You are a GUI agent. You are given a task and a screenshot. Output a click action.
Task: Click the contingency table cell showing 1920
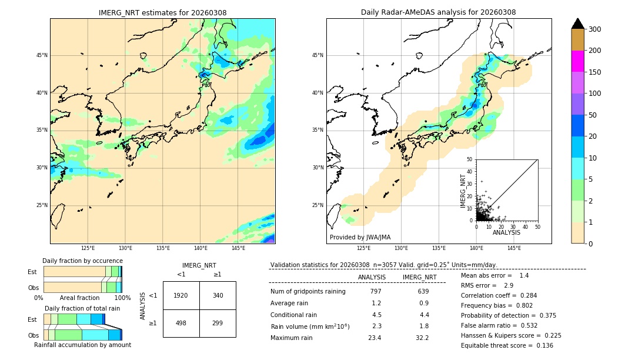181,295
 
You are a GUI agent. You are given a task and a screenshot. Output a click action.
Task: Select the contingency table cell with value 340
218,295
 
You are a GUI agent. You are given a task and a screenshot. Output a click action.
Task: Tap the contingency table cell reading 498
181,323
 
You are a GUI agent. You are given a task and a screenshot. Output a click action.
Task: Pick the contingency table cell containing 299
218,323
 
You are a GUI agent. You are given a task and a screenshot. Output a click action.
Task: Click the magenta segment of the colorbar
577,61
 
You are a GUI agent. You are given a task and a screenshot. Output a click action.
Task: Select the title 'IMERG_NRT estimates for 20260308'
162,12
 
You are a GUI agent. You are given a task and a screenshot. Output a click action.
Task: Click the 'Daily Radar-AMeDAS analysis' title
439,12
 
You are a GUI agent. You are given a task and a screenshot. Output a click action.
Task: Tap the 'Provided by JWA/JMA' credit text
360,237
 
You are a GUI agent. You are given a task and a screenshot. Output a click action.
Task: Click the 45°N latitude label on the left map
42,55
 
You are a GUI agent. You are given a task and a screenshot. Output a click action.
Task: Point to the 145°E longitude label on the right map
514,248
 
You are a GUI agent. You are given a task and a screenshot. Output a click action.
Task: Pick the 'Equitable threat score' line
507,345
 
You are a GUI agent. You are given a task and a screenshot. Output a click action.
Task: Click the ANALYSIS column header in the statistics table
372,277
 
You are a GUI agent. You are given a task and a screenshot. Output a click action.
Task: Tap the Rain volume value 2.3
376,326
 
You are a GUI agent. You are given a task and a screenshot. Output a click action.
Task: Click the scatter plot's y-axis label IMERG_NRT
463,190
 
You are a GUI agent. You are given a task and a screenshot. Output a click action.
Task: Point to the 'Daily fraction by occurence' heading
82,261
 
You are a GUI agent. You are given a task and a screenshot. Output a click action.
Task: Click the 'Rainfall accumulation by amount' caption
83,345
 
